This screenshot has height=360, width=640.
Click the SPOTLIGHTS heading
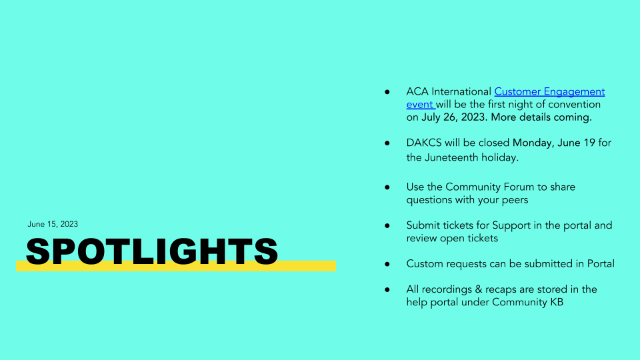(152, 251)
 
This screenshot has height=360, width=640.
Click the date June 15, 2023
(53, 224)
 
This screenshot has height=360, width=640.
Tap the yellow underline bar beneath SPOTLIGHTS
(176, 267)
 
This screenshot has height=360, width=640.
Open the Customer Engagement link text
(549, 92)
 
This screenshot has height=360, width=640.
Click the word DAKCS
(424, 143)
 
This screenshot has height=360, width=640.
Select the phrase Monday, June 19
(554, 143)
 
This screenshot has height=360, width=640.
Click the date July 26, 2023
(453, 117)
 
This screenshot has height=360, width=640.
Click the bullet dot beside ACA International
(387, 92)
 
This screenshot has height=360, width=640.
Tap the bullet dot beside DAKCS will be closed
(387, 143)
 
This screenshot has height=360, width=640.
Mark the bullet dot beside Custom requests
(387, 264)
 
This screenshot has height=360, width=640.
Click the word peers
(515, 201)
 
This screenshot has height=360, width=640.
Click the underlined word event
(419, 105)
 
